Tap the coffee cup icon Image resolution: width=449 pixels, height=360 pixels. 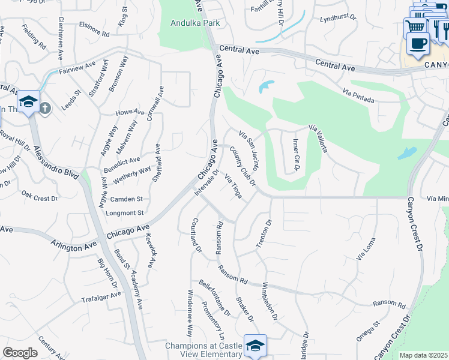click(x=417, y=43)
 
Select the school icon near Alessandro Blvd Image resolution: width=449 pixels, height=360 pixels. click(x=28, y=101)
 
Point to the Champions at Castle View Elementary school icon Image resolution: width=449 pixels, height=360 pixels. click(x=255, y=346)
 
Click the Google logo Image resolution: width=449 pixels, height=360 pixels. click(x=20, y=353)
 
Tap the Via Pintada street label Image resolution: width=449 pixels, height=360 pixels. click(x=359, y=95)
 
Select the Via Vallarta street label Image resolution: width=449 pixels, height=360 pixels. click(x=318, y=138)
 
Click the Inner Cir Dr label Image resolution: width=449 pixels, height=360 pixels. click(x=296, y=155)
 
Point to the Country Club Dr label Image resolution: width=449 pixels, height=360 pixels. click(x=242, y=167)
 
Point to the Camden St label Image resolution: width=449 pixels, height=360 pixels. click(x=126, y=199)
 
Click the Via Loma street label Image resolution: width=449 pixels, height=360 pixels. click(x=365, y=248)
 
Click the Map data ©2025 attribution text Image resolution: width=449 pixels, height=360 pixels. click(x=423, y=355)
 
